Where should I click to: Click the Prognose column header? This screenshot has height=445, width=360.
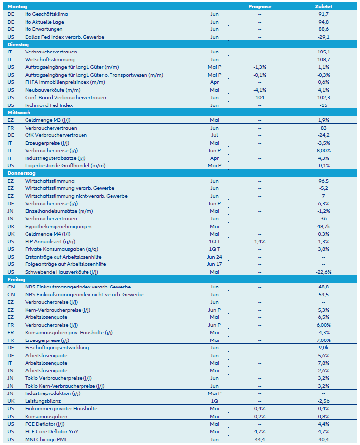click(x=259, y=7)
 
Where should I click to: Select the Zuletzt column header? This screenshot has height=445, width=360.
click(x=323, y=7)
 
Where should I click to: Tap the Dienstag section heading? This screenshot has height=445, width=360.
click(x=19, y=44)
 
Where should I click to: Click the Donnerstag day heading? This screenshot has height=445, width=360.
click(x=21, y=173)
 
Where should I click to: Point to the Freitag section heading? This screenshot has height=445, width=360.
click(x=17, y=280)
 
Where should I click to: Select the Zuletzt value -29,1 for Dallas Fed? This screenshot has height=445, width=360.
click(x=323, y=37)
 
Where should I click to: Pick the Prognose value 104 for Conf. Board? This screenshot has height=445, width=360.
click(x=259, y=98)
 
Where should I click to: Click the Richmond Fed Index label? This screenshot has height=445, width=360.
click(x=49, y=105)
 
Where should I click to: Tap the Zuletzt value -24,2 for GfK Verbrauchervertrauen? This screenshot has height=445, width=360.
click(x=323, y=135)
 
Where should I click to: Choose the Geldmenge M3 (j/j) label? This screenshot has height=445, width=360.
click(x=45, y=120)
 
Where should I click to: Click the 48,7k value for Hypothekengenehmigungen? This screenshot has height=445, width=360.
click(x=323, y=227)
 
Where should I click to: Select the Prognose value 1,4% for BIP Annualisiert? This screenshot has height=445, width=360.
click(x=259, y=242)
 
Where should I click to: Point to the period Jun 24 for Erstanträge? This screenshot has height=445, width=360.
click(x=214, y=257)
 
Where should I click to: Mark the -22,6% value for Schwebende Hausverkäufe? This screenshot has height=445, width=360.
click(x=323, y=272)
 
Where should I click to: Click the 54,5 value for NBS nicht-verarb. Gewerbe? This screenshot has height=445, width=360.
click(x=323, y=295)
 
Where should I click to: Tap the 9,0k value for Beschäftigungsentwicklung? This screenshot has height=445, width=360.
click(x=323, y=348)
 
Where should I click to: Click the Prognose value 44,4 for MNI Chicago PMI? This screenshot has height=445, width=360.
click(x=259, y=439)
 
